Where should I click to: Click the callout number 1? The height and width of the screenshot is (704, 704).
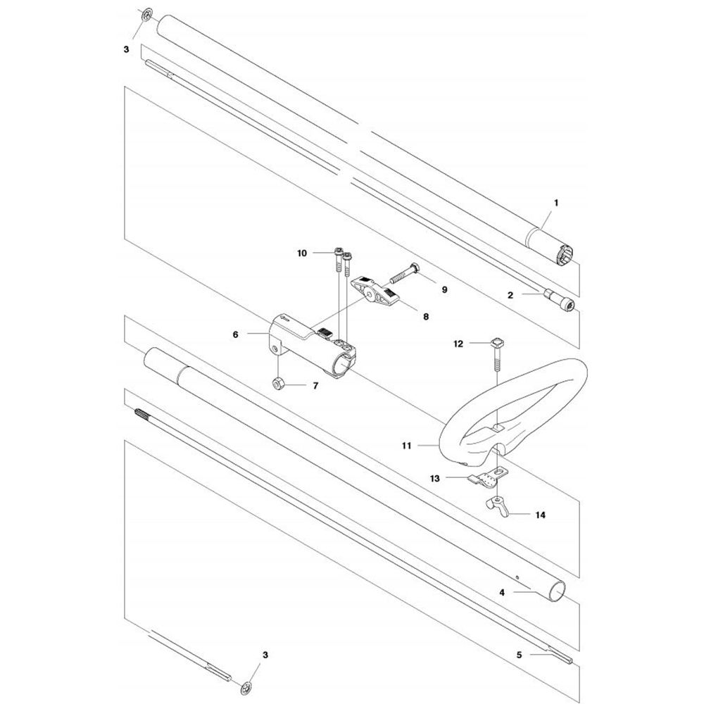click(x=556, y=203)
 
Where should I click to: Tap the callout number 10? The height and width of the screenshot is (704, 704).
click(x=302, y=253)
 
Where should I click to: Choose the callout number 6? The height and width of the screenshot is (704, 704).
click(x=236, y=334)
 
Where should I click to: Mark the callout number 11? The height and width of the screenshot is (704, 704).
click(x=406, y=446)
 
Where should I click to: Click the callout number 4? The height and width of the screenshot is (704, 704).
click(x=502, y=592)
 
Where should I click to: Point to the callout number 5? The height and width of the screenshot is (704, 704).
click(x=519, y=655)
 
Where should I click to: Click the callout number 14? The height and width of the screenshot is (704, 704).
click(x=541, y=515)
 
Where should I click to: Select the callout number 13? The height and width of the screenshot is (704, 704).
click(x=434, y=479)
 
